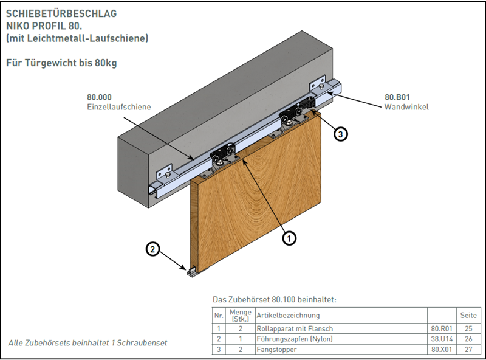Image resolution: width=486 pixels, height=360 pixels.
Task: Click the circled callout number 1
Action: pyautogui.click(x=290, y=238)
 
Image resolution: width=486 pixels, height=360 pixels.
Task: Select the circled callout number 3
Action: pyautogui.click(x=341, y=134)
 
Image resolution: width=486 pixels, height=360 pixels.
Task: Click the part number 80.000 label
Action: pyautogui.click(x=100, y=97)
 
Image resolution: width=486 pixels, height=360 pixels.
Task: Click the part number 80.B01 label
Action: pyautogui.click(x=397, y=97)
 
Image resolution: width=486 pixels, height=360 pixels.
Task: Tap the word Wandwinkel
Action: pyautogui.click(x=406, y=107)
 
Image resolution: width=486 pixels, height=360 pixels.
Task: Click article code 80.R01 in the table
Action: pyautogui.click(x=442, y=329)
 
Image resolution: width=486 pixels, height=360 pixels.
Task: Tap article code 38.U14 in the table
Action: pyautogui.click(x=442, y=339)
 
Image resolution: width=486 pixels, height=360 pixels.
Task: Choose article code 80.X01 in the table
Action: pyautogui.click(x=442, y=350)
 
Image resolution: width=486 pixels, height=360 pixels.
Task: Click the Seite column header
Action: pyautogui.click(x=468, y=316)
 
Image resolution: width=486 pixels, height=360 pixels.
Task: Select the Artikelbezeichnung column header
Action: pyautogui.click(x=288, y=316)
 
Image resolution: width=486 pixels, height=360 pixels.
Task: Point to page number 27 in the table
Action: pyautogui.click(x=468, y=350)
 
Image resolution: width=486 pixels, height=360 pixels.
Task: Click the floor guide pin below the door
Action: pyautogui.click(x=192, y=272)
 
